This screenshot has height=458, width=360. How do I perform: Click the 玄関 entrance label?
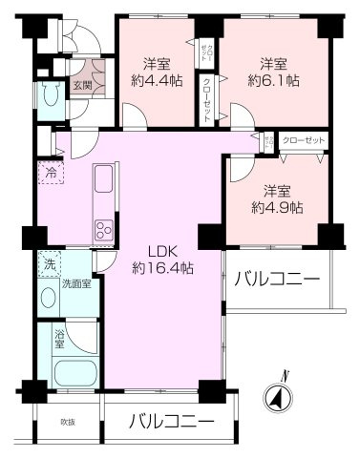(x=81, y=86)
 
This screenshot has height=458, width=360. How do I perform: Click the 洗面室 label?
(x=75, y=283)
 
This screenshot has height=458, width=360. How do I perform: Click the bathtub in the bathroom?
(x=74, y=372)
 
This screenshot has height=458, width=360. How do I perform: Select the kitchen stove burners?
(x=102, y=230)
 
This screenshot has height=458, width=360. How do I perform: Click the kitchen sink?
(x=102, y=180)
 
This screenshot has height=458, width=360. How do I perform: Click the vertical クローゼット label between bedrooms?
(x=207, y=98)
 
